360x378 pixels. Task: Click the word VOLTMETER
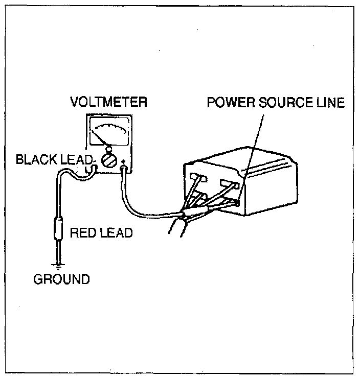coord(108,102)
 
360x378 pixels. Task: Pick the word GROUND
coord(61,279)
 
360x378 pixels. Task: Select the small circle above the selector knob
coord(108,150)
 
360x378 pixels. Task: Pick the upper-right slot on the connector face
coord(228,182)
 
